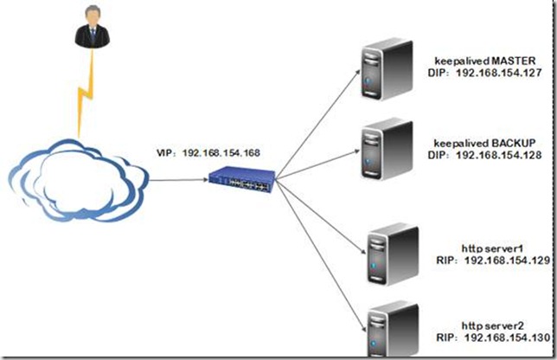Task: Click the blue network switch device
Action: click(243, 178)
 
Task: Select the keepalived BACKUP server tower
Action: click(383, 146)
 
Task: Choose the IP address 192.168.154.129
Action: click(503, 259)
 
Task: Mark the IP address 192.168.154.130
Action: click(503, 337)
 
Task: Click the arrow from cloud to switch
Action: click(177, 179)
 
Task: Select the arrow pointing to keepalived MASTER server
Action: click(319, 122)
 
